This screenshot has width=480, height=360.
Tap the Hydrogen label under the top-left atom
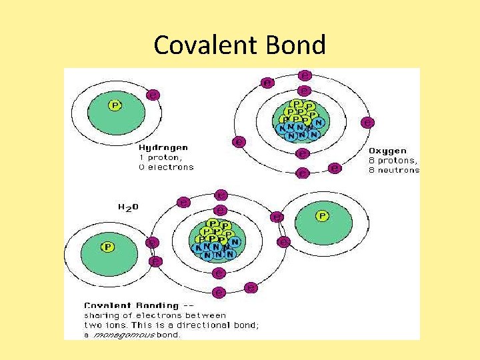(163, 147)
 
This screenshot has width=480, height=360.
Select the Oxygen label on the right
(387, 151)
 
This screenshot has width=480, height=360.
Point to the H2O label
(129, 207)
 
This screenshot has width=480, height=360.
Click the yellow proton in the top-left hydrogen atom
(115, 105)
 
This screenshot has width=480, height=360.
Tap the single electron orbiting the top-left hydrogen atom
(153, 95)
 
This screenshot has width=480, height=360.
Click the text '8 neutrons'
(394, 170)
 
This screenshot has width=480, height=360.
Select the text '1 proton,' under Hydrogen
(159, 157)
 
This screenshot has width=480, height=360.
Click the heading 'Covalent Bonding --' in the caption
(129, 305)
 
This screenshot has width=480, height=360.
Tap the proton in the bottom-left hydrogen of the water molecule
(107, 247)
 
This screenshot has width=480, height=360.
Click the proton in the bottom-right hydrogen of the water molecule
(322, 216)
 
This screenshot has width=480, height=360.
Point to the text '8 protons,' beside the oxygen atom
(393, 161)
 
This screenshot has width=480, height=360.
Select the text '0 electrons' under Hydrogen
(166, 167)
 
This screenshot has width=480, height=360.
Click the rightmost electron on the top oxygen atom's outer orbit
(367, 123)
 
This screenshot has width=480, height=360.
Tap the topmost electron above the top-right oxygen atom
(304, 75)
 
